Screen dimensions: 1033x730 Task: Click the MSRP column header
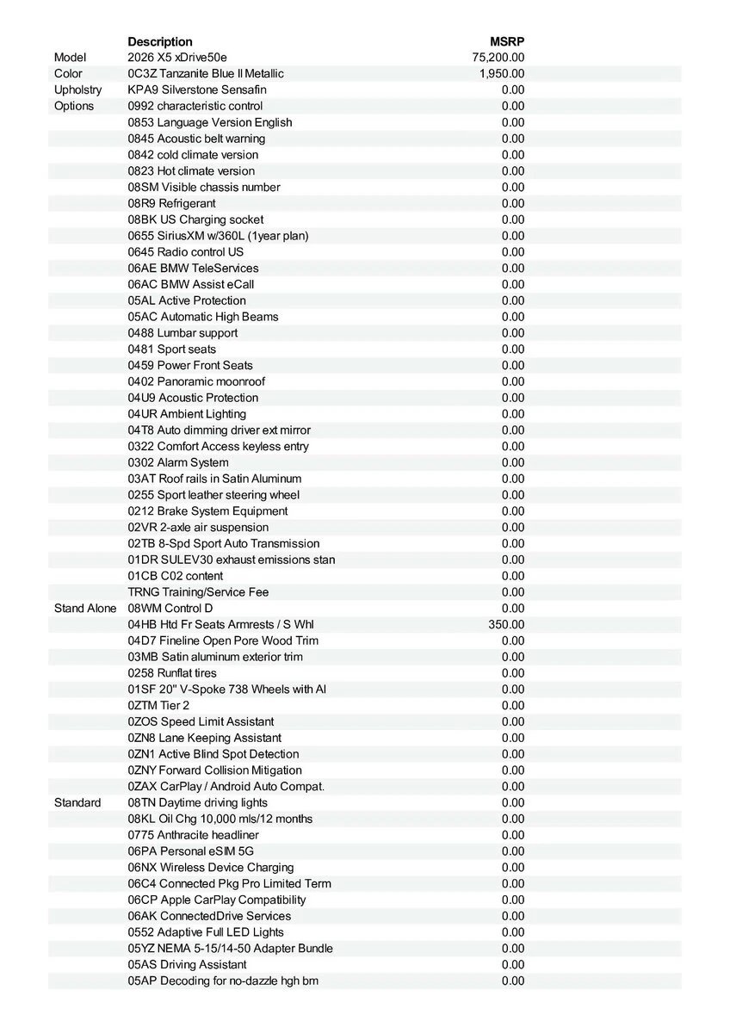[507, 41]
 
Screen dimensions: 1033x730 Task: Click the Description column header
[160, 41]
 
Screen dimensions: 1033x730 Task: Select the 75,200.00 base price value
[498, 58]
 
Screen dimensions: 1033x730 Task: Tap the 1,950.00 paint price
[502, 74]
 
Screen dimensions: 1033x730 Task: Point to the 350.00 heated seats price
[506, 624]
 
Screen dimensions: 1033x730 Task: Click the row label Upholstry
[77, 90]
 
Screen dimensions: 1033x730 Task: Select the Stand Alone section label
[84, 609]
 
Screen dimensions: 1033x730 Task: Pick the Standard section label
[77, 802]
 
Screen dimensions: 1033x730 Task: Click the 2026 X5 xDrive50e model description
[178, 58]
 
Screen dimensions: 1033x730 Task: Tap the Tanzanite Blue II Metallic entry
[206, 74]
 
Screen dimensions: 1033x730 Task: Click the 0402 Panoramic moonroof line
[196, 381]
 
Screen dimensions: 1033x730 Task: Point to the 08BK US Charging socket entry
[195, 220]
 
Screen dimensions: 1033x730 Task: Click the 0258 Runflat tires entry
[172, 673]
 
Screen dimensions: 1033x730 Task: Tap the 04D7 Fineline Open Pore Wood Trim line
[223, 640]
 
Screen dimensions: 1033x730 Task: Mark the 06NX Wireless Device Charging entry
[211, 867]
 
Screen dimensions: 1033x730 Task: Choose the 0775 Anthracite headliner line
[193, 835]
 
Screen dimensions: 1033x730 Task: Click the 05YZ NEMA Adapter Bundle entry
[230, 948]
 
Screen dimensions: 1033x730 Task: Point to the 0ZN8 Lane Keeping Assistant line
[204, 738]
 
